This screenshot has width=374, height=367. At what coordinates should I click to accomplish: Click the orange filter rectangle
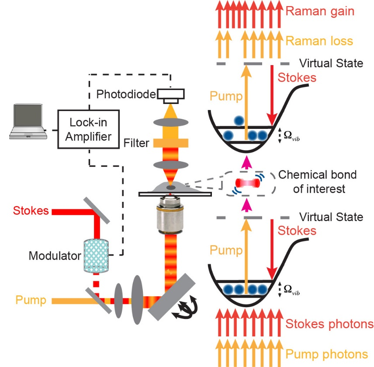click(171, 143)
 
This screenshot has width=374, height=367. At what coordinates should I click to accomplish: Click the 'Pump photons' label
click(327, 353)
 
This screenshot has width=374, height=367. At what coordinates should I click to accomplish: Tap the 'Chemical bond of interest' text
click(318, 182)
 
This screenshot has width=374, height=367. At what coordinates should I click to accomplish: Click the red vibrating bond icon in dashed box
click(247, 182)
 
